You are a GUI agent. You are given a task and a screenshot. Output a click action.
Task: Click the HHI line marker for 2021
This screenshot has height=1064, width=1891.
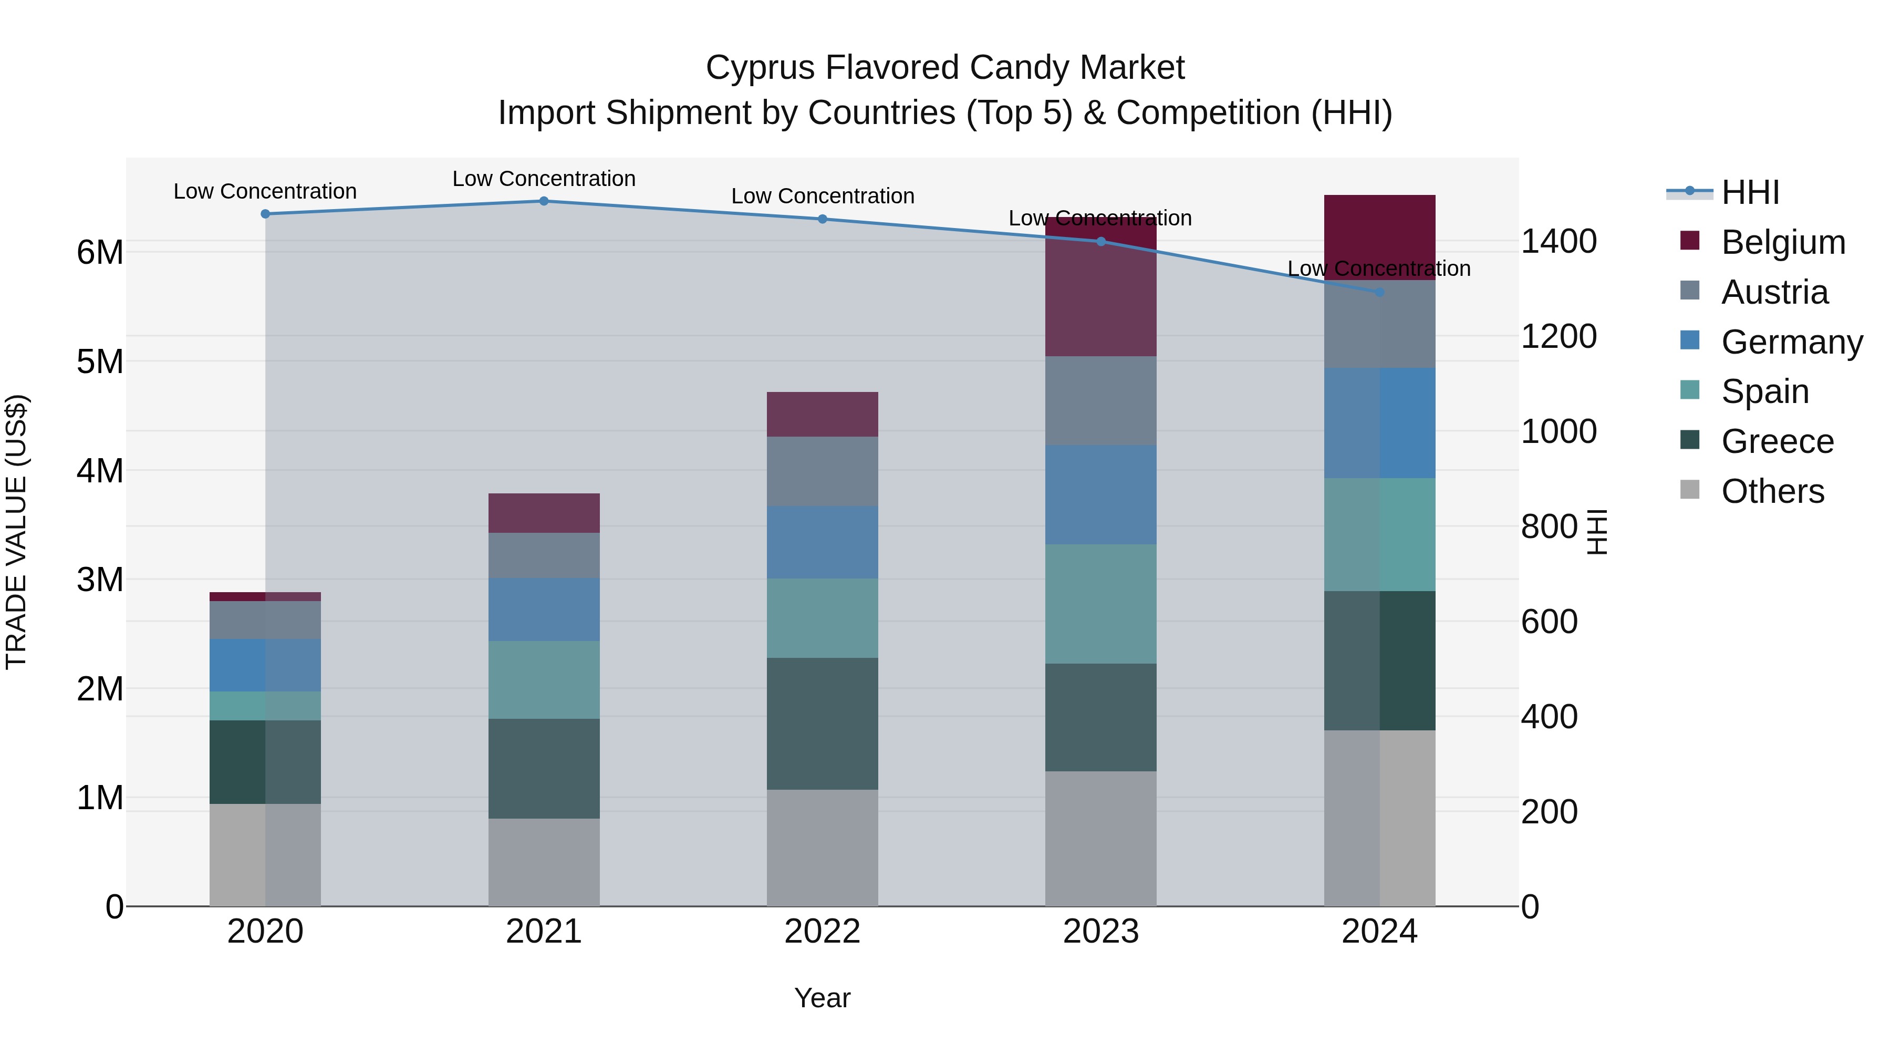[544, 201]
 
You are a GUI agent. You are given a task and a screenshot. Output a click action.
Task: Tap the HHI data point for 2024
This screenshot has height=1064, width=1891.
[1379, 292]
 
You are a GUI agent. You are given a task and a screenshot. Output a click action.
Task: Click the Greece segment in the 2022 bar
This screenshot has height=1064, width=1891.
[822, 724]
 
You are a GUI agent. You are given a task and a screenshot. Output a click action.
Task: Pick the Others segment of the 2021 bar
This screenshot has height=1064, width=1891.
[544, 862]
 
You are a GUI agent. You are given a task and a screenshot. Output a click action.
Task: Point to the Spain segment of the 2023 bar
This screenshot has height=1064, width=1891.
[1100, 604]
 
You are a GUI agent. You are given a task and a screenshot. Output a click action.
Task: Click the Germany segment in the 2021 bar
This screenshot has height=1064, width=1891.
[544, 609]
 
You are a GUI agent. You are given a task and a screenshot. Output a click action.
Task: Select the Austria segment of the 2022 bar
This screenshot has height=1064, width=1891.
[822, 471]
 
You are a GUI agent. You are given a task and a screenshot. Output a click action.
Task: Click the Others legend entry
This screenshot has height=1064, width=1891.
[1772, 491]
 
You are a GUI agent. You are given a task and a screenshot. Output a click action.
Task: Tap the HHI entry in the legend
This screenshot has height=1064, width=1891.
[1750, 192]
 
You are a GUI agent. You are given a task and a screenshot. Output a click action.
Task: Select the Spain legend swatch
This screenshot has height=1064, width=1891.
[1689, 390]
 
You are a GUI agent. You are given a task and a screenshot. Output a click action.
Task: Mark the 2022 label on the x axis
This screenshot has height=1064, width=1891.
[822, 932]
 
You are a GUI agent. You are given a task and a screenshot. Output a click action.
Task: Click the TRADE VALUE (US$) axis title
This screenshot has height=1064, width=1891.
[16, 532]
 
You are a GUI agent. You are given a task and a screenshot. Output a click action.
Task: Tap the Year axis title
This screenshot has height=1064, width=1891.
[822, 998]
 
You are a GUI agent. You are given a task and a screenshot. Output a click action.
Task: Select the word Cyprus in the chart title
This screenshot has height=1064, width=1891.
[759, 68]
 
